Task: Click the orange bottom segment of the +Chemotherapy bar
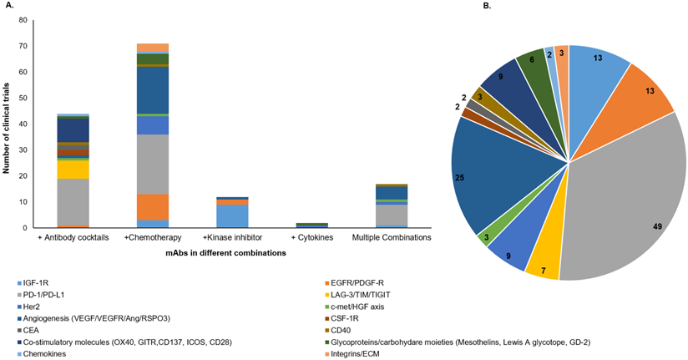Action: (153, 207)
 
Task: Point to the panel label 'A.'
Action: (8, 6)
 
